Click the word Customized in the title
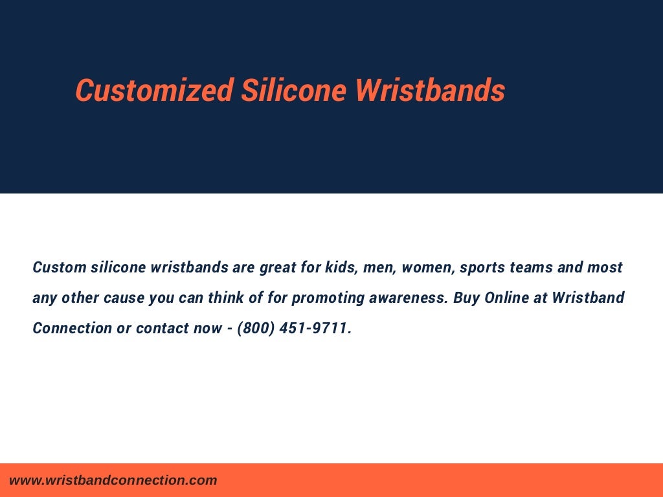[154, 90]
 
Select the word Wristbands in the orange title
[430, 90]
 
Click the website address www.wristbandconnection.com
[113, 480]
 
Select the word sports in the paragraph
[482, 267]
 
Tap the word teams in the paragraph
[532, 267]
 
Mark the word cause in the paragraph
[124, 298]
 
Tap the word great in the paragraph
[278, 267]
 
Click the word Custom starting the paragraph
[60, 267]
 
